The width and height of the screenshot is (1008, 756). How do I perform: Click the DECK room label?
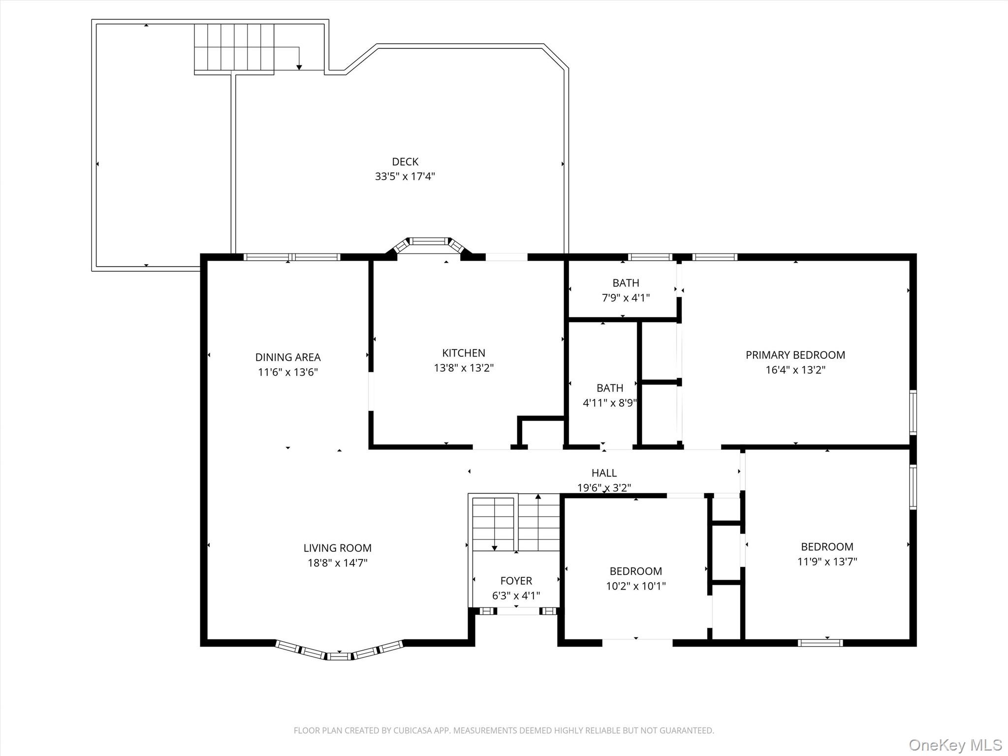pos(405,162)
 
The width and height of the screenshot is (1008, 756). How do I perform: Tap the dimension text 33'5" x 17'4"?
pos(405,176)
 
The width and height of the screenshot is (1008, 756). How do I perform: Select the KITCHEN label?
pos(464,353)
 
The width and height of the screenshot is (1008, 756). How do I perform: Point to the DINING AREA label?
pos(288,357)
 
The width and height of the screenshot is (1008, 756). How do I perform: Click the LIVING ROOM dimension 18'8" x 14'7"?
pos(338,563)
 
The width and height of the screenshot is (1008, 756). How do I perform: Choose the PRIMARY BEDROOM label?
pos(795,355)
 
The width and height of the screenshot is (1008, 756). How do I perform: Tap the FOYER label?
pos(516,581)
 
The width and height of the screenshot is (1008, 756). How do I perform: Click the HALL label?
pos(604,473)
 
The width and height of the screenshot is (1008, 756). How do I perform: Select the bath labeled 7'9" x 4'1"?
pos(626,283)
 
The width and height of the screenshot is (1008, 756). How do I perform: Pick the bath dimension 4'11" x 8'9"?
pos(610,403)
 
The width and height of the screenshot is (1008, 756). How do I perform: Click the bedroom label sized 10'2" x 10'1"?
pos(635,571)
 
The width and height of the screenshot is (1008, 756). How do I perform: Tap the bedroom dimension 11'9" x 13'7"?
pos(827,562)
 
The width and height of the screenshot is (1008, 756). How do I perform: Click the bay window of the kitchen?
pos(429,242)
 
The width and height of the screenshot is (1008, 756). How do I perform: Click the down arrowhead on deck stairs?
pos(299,67)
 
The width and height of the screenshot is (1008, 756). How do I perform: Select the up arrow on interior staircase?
pos(538,497)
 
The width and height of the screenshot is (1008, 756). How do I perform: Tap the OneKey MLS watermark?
pos(955,745)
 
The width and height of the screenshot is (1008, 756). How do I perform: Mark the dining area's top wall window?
pos(292,257)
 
